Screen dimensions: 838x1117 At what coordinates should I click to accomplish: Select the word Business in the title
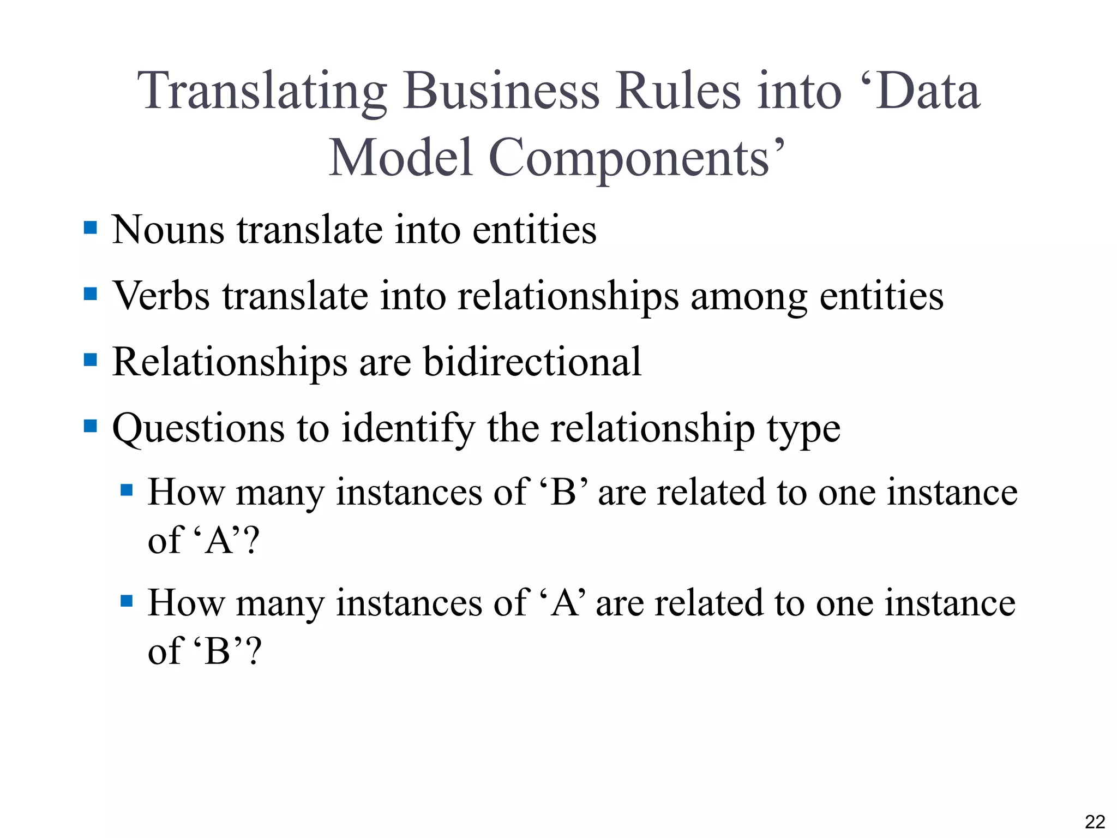coord(501,91)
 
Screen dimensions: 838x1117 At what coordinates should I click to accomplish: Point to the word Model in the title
coord(401,158)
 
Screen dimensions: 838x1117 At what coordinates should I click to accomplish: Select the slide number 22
coord(1095,822)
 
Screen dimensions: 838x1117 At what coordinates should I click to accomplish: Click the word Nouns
coord(168,230)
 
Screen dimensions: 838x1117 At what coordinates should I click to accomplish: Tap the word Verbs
coord(161,296)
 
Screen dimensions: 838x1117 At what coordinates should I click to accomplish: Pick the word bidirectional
coord(532,362)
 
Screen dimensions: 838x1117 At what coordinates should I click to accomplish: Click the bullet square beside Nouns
coord(91,228)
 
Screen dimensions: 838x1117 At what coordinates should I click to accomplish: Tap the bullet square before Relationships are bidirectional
coord(91,360)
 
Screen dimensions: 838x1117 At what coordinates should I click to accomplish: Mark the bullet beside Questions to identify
coord(91,426)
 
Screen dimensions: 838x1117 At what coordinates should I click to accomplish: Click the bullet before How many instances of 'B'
coord(127,490)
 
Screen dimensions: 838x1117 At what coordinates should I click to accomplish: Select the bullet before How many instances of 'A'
coord(127,601)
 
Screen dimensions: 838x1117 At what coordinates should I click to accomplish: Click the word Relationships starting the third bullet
coord(230,363)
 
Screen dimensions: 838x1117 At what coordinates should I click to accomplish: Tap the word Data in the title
coord(927,91)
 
